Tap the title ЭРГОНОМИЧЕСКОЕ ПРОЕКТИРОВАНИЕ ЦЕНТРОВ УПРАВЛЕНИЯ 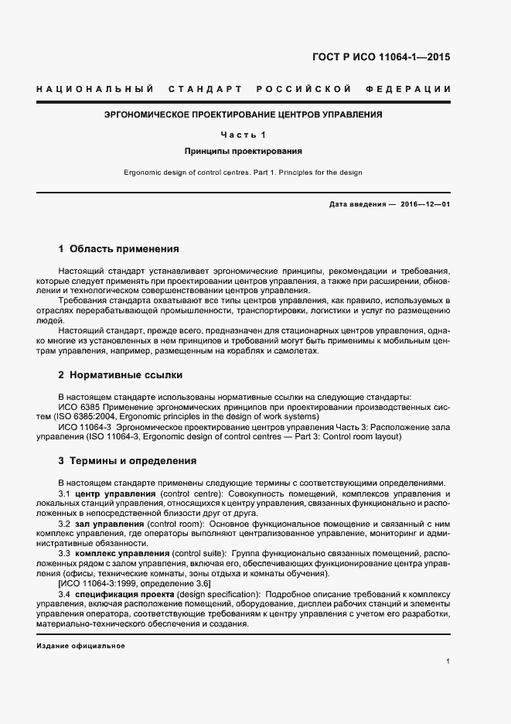point(244,114)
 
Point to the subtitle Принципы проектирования point(244,152)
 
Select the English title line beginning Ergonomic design point(244,172)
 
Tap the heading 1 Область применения point(119,249)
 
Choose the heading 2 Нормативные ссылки point(121,374)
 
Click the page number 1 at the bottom point(448,661)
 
